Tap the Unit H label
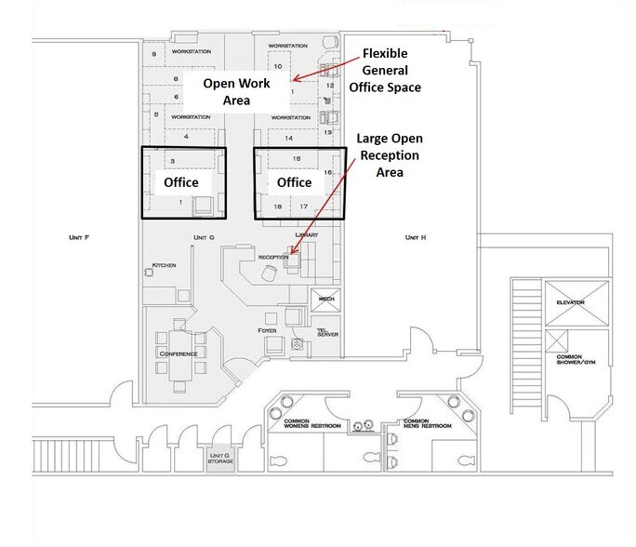pyautogui.click(x=415, y=237)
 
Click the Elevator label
pyautogui.click(x=570, y=302)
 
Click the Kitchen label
pyautogui.click(x=164, y=265)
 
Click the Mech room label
pyautogui.click(x=325, y=298)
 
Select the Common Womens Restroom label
pyautogui.click(x=313, y=425)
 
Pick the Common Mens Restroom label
pyautogui.click(x=427, y=423)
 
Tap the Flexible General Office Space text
pyautogui.click(x=385, y=70)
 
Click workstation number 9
pyautogui.click(x=153, y=56)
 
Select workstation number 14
pyautogui.click(x=289, y=138)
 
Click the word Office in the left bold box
pyautogui.click(x=182, y=182)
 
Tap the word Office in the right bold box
pyautogui.click(x=295, y=182)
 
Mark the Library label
pyautogui.click(x=306, y=235)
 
